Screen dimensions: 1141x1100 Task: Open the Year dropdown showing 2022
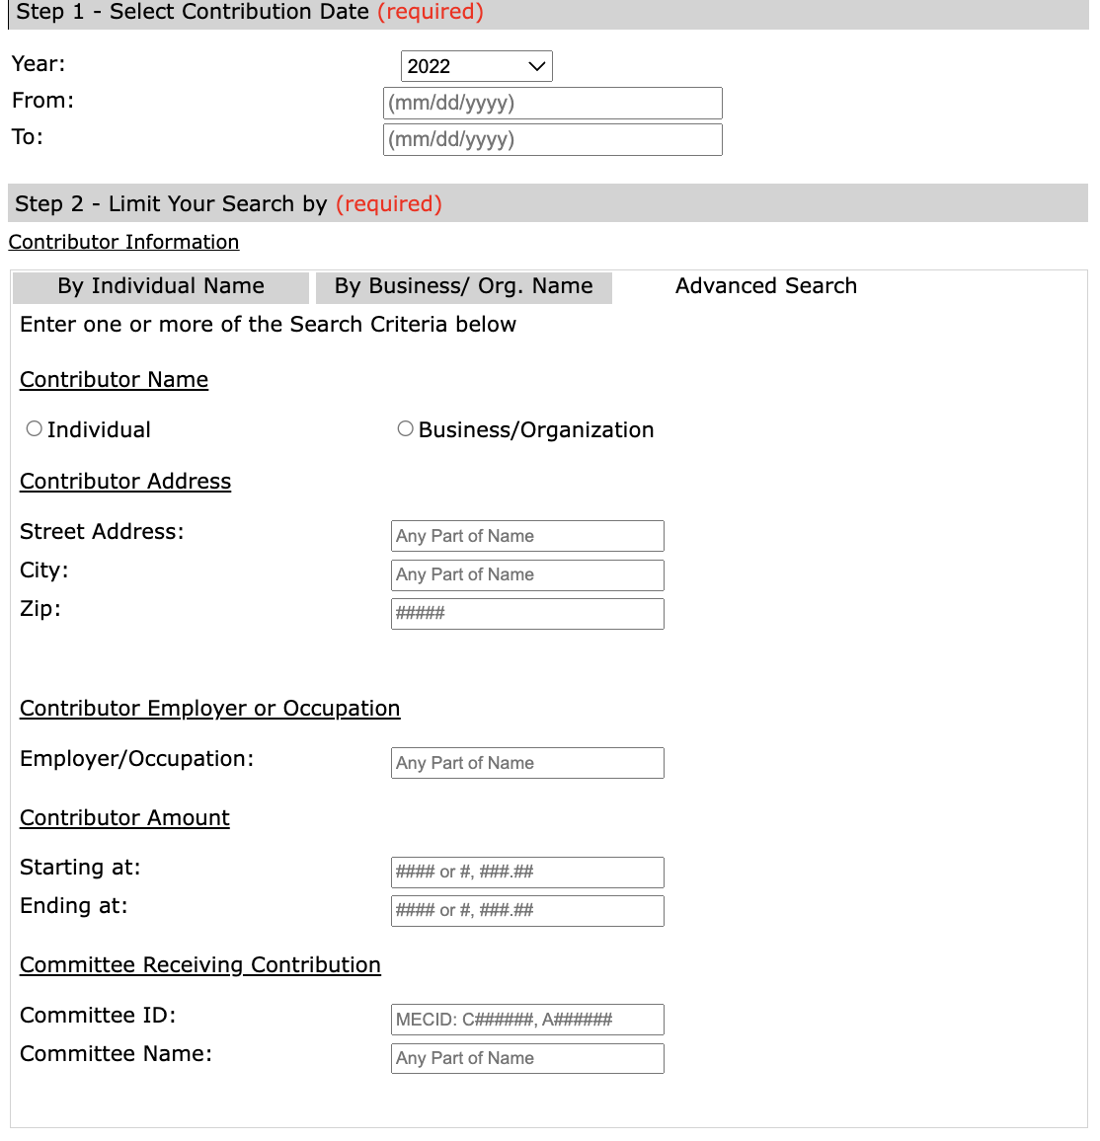476,66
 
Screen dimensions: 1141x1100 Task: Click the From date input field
552,103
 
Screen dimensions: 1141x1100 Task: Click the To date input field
552,139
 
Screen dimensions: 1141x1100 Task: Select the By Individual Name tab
161,286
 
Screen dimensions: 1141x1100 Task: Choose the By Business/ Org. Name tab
464,286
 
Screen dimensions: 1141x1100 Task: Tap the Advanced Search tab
766,286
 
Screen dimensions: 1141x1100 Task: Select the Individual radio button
35,428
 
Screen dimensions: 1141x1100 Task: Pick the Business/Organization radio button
405,428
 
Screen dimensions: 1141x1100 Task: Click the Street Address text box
527,536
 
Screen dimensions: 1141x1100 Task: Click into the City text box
527,574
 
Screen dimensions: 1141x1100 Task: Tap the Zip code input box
527,613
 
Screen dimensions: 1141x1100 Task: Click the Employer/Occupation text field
527,763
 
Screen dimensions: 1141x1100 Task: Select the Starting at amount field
527,872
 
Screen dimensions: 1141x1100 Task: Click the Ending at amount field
527,910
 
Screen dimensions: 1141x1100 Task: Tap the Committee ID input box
527,1020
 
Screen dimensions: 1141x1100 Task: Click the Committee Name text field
527,1058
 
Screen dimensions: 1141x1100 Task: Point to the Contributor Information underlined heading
123,242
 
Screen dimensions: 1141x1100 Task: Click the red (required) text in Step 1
431,12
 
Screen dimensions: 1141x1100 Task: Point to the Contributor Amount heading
124,817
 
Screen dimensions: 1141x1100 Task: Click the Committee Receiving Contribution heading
200,964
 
